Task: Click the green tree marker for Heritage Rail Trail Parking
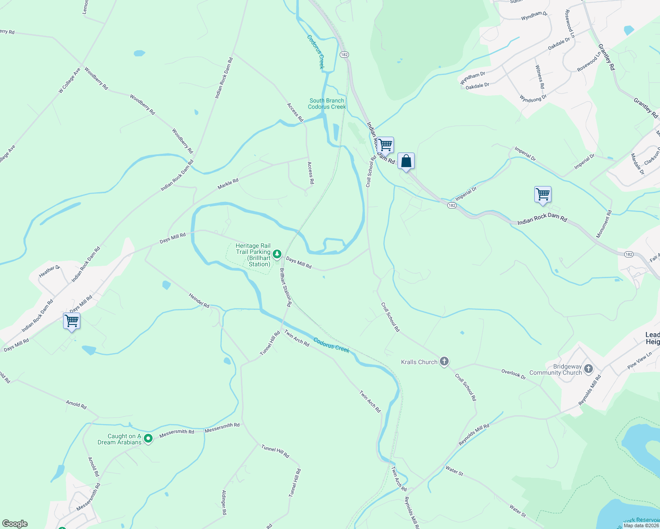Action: pyautogui.click(x=277, y=253)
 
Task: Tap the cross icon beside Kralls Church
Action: pyautogui.click(x=444, y=361)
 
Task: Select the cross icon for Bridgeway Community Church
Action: pyautogui.click(x=589, y=369)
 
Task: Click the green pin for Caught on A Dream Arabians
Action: pyautogui.click(x=149, y=438)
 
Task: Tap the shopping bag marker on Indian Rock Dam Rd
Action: pyautogui.click(x=406, y=161)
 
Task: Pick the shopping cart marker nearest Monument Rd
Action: pyautogui.click(x=543, y=194)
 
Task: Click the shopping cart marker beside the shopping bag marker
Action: pyautogui.click(x=385, y=145)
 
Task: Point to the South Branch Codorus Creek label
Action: pyautogui.click(x=327, y=104)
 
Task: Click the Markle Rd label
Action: pyautogui.click(x=228, y=184)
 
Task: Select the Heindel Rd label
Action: pyautogui.click(x=199, y=300)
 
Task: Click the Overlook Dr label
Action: pyautogui.click(x=514, y=374)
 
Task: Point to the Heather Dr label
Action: pyautogui.click(x=49, y=271)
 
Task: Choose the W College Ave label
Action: pyautogui.click(x=69, y=80)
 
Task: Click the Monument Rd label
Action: pyautogui.click(x=604, y=224)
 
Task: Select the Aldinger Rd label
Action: pyautogui.click(x=224, y=502)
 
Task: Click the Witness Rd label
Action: pyautogui.click(x=540, y=77)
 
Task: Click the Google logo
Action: pyautogui.click(x=15, y=524)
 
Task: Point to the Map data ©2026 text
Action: pyautogui.click(x=641, y=525)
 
